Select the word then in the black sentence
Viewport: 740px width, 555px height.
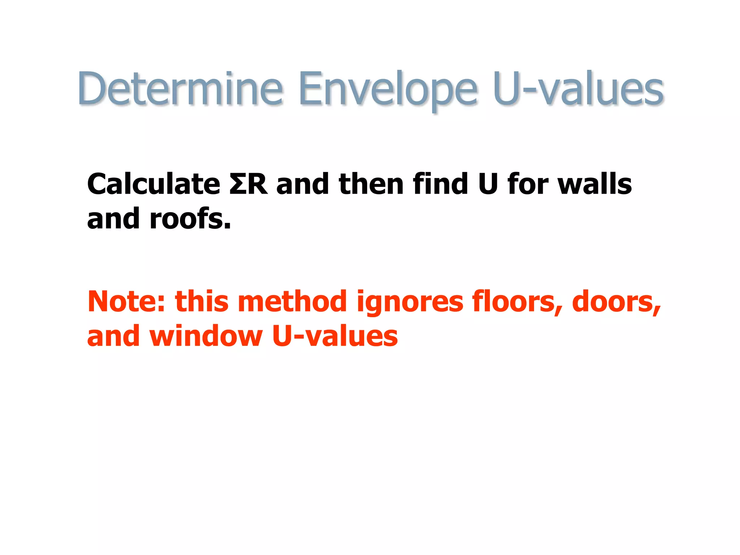(x=371, y=184)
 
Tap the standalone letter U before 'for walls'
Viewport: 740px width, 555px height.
(x=488, y=184)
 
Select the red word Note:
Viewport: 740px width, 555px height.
(x=126, y=301)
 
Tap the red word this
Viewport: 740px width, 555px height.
(x=202, y=301)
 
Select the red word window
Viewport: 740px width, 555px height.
(x=206, y=336)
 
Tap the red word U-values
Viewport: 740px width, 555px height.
(x=335, y=336)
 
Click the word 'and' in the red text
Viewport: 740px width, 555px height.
(x=113, y=336)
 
